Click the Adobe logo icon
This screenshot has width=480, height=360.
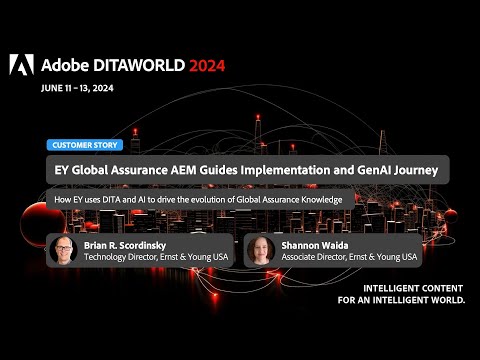click(21, 65)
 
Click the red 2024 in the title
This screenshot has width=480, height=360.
click(203, 65)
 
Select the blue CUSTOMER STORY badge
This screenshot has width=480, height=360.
click(83, 145)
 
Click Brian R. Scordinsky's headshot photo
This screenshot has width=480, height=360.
click(63, 249)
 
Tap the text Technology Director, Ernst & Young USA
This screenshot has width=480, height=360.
click(154, 257)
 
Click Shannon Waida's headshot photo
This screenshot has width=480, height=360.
click(259, 249)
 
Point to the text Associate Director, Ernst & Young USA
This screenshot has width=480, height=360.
click(347, 257)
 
